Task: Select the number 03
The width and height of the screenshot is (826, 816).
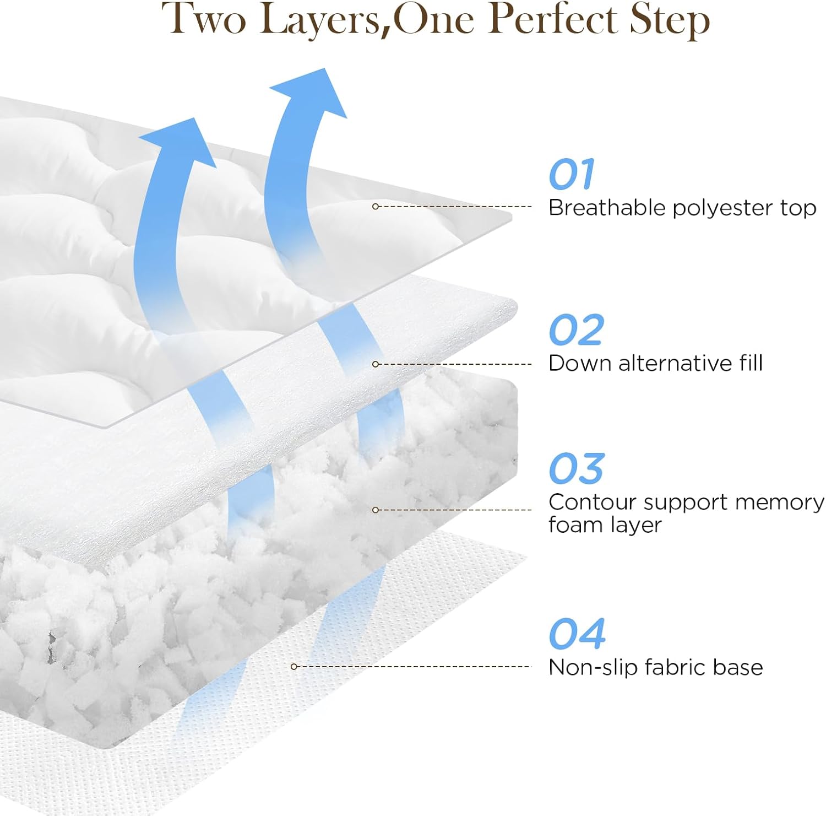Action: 576,469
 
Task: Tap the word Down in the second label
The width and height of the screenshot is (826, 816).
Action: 579,364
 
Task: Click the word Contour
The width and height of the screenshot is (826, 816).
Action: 591,502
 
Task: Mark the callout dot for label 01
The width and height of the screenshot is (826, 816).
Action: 376,207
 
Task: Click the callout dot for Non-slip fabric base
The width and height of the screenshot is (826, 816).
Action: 294,667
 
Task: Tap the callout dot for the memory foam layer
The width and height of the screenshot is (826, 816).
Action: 376,510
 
